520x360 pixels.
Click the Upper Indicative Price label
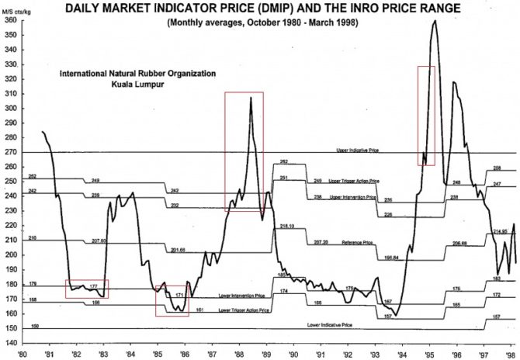pyautogui.click(x=356, y=149)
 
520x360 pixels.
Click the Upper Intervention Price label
pyautogui.click(x=353, y=198)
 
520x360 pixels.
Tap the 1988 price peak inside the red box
pyautogui.click(x=251, y=98)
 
